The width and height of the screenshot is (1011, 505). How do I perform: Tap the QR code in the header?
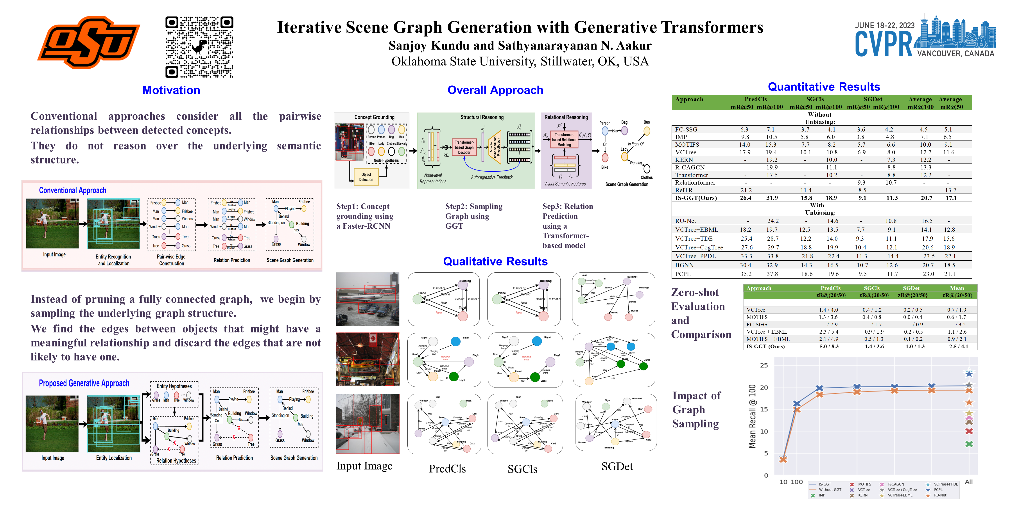coord(199,47)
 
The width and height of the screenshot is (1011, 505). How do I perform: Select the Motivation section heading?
coord(171,90)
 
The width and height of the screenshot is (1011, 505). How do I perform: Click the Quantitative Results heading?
coord(824,87)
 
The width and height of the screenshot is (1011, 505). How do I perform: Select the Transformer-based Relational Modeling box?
coord(564,140)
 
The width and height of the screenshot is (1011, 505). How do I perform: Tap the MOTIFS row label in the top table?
coord(687,145)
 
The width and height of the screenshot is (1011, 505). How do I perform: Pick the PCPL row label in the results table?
coord(683,274)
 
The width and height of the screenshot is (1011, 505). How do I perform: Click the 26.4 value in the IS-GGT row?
coord(745,198)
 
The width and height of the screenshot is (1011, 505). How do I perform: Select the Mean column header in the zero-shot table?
coord(957,288)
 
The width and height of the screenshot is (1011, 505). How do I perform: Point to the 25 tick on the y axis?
coord(764,365)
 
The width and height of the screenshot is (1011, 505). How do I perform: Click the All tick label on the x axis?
coord(969,482)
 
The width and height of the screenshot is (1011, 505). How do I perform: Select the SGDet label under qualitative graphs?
coord(617,467)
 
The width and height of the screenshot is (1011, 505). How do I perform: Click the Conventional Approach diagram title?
coord(73,190)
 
